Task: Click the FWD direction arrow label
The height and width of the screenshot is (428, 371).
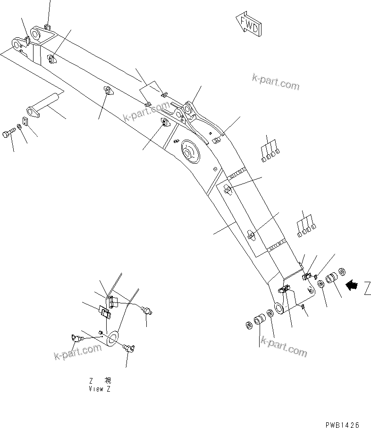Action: [247, 24]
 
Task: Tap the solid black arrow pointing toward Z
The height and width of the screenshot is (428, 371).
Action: [352, 285]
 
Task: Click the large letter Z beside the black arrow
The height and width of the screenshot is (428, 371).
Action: [367, 287]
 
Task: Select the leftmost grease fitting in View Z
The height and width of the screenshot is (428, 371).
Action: [75, 338]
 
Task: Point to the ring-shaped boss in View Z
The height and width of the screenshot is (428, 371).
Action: [113, 337]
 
